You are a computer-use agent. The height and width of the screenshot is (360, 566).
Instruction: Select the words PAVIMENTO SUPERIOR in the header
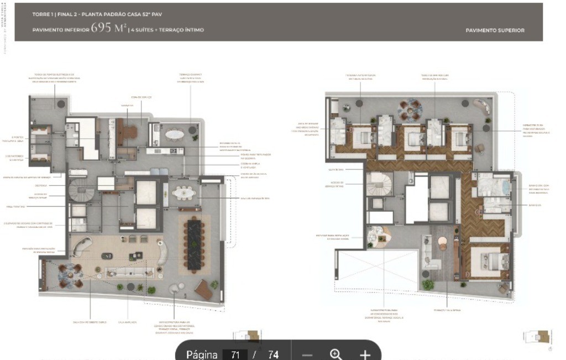coord(495,30)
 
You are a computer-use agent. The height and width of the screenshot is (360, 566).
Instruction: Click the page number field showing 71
coord(235,354)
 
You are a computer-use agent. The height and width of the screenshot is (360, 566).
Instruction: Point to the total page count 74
coord(273,354)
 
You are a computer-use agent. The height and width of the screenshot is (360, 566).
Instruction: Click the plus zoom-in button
coord(365,354)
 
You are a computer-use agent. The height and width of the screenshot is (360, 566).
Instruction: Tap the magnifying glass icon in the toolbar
coord(336,354)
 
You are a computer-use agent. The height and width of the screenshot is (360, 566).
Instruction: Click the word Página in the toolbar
coord(202,354)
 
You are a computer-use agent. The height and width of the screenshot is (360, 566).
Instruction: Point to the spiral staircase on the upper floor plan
coord(380,184)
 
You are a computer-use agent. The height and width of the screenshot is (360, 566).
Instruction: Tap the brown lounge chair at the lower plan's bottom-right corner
coord(203,289)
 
